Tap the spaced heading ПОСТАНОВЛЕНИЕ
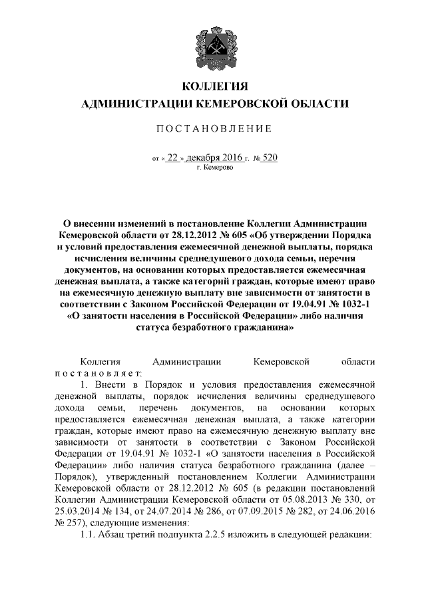pos(213,128)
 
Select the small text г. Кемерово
pos(215,168)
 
